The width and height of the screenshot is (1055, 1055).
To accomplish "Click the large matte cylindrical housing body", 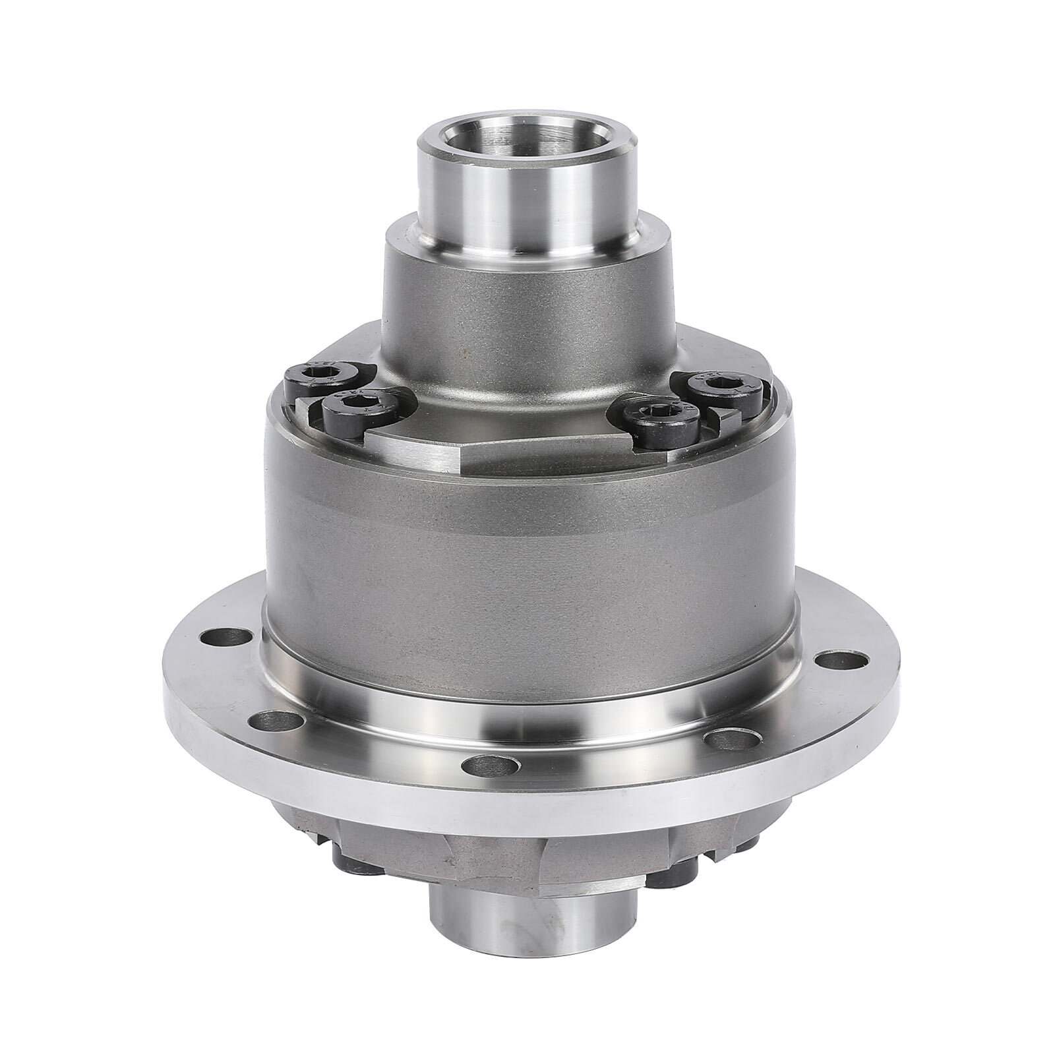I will pyautogui.click(x=527, y=560).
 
